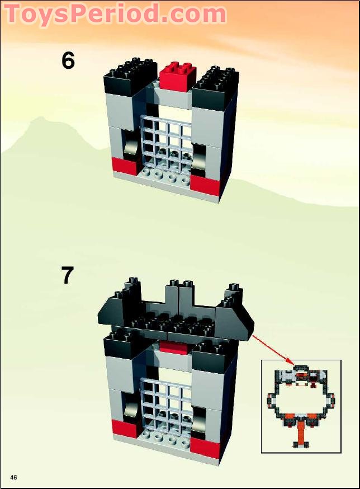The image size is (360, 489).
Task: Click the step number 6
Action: (x=68, y=60)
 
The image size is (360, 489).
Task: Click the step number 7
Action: (x=68, y=275)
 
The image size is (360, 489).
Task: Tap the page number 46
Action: (x=13, y=477)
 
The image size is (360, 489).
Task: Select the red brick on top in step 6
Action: (x=177, y=75)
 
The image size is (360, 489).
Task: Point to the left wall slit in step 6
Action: (x=131, y=147)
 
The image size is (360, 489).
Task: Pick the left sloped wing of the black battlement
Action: (x=112, y=313)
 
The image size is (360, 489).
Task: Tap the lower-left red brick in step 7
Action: (x=125, y=428)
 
